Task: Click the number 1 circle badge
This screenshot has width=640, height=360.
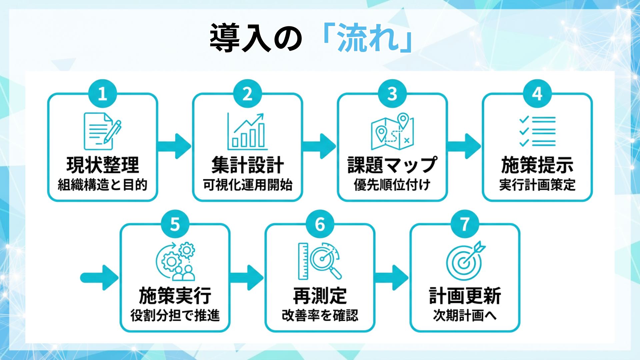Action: [x=102, y=94]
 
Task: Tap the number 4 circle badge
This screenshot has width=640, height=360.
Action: [x=537, y=94]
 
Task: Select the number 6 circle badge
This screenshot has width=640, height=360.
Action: [x=320, y=224]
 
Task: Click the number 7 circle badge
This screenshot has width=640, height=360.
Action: [x=465, y=224]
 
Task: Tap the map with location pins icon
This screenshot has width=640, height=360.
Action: [x=392, y=131]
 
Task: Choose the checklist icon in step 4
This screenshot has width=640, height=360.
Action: [x=537, y=131]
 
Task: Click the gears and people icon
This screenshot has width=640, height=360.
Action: [x=176, y=261]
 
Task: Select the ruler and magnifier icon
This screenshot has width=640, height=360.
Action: [x=320, y=261]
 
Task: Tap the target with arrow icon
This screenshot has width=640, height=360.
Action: [x=465, y=261]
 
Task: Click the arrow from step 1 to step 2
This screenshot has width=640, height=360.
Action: [x=174, y=146]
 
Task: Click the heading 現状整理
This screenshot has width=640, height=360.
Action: [x=103, y=165]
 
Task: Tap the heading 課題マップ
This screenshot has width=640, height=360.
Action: [x=392, y=165]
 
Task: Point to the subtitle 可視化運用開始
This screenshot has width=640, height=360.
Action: [x=248, y=185]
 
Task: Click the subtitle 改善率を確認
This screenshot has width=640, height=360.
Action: [x=320, y=315]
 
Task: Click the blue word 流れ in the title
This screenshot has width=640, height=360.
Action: [x=368, y=38]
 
